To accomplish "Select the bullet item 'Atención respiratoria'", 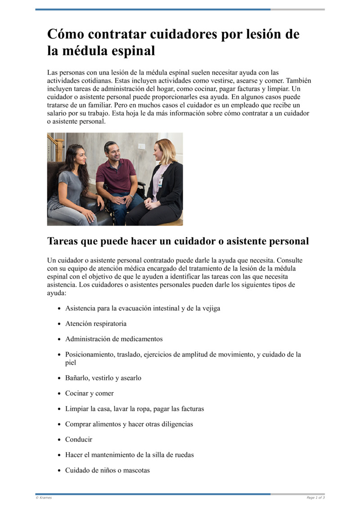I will pyautogui.click(x=96, y=324).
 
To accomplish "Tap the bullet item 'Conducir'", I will pyautogui.click(x=79, y=439).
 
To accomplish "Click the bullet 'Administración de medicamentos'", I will pyautogui.click(x=114, y=339).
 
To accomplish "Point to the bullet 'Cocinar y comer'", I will pyautogui.click(x=90, y=393).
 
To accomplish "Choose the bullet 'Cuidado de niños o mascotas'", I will pyautogui.click(x=108, y=470).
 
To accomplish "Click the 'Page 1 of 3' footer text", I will pyautogui.click(x=315, y=498).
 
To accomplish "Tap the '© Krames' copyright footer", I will pyautogui.click(x=44, y=498).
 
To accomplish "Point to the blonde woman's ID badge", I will pyautogui.click(x=160, y=183).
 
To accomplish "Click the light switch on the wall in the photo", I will pyautogui.click(x=141, y=147).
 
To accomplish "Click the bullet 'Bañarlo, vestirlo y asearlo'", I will pyautogui.click(x=103, y=378).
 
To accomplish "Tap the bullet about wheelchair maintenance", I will pyautogui.click(x=130, y=455).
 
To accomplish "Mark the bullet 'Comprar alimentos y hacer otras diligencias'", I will pyautogui.click(x=129, y=424).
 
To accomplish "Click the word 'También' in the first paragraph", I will pyautogui.click(x=299, y=81).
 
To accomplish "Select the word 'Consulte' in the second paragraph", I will pyautogui.click(x=290, y=260).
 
